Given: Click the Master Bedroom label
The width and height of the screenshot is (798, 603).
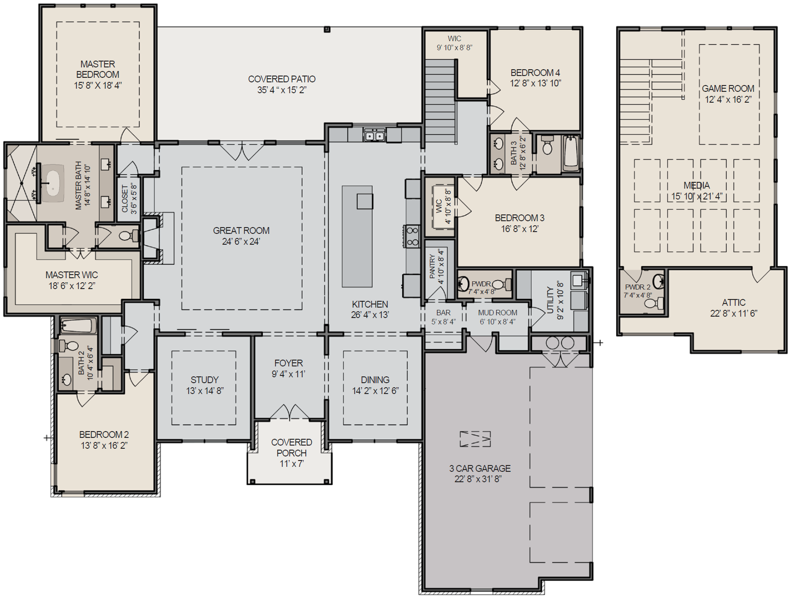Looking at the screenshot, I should point(98,69).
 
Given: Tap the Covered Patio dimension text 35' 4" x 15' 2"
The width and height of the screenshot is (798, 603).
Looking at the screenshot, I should point(281,90).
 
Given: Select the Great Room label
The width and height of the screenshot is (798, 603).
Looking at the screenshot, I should point(241,231).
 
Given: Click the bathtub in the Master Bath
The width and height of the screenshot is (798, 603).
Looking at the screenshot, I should point(53,183).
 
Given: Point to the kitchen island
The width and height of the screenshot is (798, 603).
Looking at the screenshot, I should point(357,236).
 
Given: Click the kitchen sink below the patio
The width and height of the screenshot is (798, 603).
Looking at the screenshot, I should point(374,135).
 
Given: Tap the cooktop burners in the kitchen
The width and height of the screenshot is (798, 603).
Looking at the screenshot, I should point(412,236).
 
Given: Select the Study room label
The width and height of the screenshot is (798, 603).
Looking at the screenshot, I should point(204,380).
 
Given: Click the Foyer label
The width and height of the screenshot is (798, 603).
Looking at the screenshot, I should point(289,363).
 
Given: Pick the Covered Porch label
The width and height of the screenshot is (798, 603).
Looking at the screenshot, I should point(291,447).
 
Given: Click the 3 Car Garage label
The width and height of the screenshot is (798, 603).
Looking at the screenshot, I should point(480,469).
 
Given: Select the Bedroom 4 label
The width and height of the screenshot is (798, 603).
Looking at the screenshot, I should point(535,73).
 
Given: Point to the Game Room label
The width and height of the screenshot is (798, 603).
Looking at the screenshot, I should point(728,89).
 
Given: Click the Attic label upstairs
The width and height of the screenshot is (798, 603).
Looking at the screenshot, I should point(733,303).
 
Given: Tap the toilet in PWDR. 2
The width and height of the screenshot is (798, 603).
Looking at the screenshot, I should point(652,303).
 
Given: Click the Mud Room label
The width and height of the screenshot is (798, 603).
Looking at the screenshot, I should point(497,313).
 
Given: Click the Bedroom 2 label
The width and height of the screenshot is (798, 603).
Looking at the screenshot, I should point(104,435).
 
